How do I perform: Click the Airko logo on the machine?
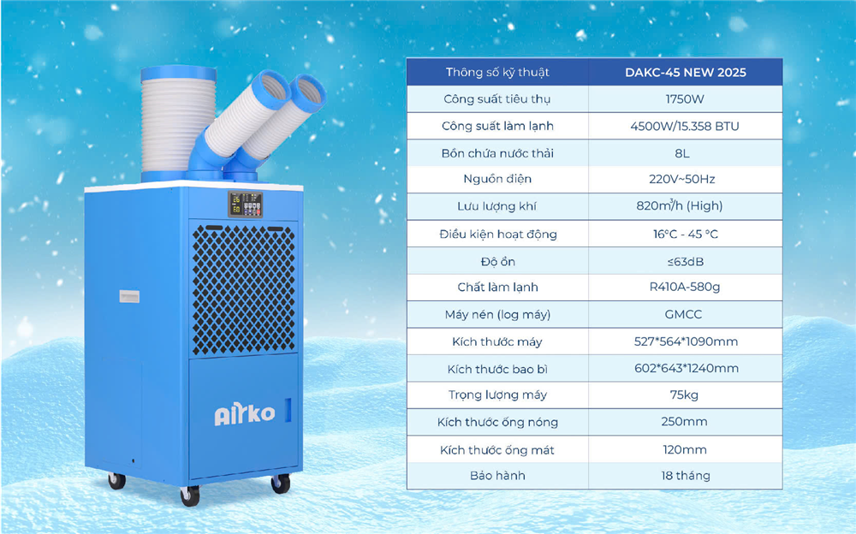pyautogui.click(x=245, y=413)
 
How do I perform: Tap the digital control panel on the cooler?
pyautogui.click(x=245, y=205)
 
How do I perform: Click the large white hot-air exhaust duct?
pyautogui.click(x=179, y=123)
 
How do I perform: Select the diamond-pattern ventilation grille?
pyautogui.click(x=243, y=290)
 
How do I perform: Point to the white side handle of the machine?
pyautogui.click(x=129, y=296)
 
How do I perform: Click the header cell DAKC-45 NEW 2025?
pyautogui.click(x=686, y=73)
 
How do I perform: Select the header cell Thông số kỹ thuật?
pyautogui.click(x=497, y=73)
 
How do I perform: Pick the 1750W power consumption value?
pyautogui.click(x=685, y=99)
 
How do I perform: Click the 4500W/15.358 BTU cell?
pyautogui.click(x=685, y=127)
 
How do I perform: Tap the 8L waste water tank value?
pyautogui.click(x=682, y=153)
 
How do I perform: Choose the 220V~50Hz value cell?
pyautogui.click(x=682, y=179)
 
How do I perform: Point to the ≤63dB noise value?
pyautogui.click(x=685, y=262)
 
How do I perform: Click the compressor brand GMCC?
pyautogui.click(x=683, y=315)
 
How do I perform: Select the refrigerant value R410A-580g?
pyautogui.click(x=685, y=288)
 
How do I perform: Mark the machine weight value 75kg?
pyautogui.click(x=684, y=395)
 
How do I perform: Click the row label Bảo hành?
pyautogui.click(x=497, y=476)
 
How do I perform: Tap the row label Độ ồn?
pyautogui.click(x=498, y=262)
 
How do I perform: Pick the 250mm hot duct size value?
pyautogui.click(x=684, y=422)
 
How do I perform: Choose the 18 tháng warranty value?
pyautogui.click(x=686, y=476)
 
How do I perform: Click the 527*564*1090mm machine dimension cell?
pyautogui.click(x=686, y=341)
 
